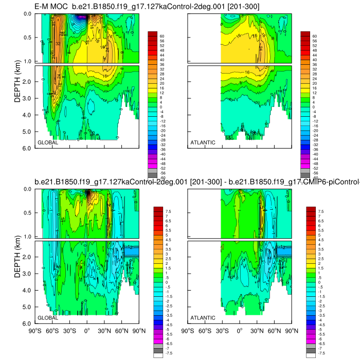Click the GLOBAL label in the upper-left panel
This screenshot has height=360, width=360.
[47, 142]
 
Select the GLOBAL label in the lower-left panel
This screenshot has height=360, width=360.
[47, 318]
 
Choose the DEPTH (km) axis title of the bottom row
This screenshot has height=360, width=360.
[18, 257]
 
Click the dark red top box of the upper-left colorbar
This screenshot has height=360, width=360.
[152, 33]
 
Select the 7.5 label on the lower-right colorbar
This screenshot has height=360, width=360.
[320, 211]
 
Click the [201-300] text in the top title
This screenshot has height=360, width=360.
[246, 6]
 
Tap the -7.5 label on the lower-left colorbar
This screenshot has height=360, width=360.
[168, 353]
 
